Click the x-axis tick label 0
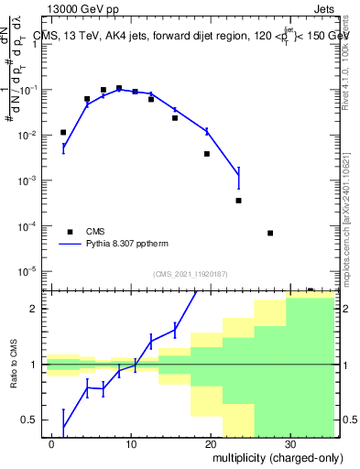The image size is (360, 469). tap(52, 443)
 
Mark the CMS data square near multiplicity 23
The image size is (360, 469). tap(238, 201)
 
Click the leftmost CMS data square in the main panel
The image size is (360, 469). tap(63, 133)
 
